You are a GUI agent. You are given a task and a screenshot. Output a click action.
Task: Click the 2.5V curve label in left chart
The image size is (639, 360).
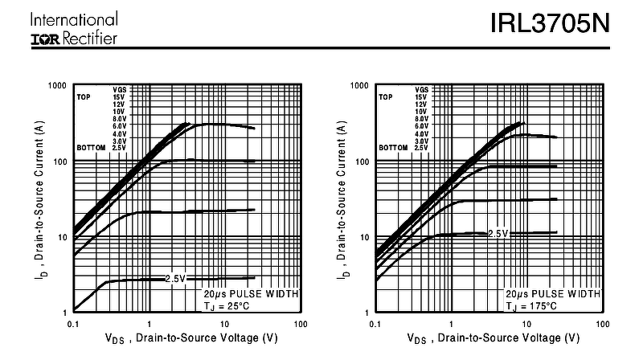pos(175,278)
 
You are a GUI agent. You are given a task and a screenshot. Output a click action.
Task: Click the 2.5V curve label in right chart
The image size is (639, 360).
pos(498,233)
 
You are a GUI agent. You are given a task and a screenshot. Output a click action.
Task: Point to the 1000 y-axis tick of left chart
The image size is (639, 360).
pos(56,85)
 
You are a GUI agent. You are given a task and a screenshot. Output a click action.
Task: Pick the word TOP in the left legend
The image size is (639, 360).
pos(84,97)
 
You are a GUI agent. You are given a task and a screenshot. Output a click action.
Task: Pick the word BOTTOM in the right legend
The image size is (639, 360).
pos(392,148)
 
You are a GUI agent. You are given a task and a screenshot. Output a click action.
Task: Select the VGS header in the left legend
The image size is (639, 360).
pos(119,89)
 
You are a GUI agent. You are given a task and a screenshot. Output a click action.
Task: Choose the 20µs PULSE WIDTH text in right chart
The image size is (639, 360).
pos(551,294)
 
